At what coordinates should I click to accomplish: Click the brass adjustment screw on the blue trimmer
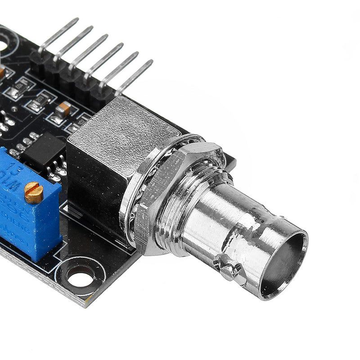click(x=34, y=193)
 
